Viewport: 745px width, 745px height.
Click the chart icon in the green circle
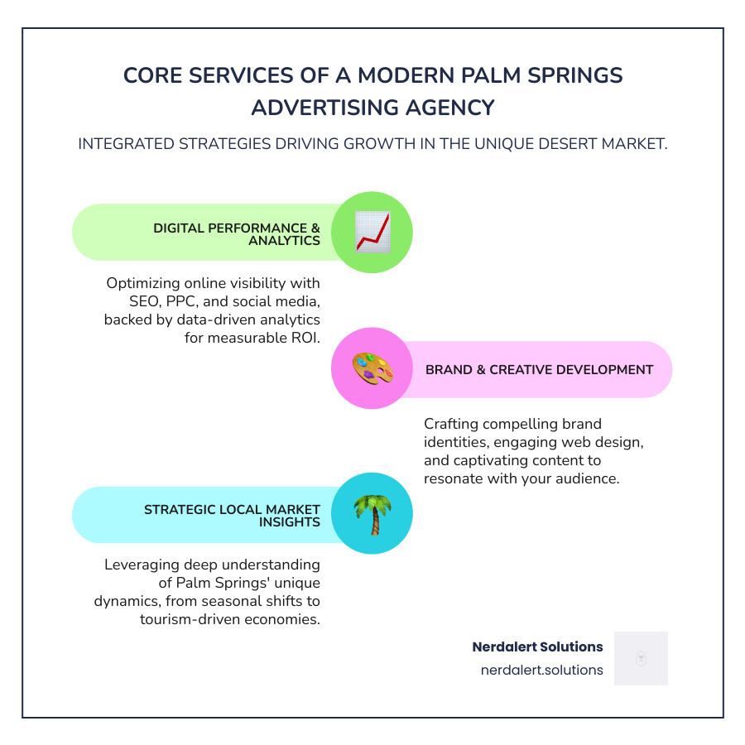pyautogui.click(x=372, y=232)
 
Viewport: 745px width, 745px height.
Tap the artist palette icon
pyautogui.click(x=372, y=369)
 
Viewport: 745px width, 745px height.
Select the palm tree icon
pyautogui.click(x=372, y=513)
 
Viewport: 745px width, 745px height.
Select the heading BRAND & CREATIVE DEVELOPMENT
pyautogui.click(x=539, y=370)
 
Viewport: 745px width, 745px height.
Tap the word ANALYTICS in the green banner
pyautogui.click(x=284, y=241)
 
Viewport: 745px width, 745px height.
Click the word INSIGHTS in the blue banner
pyautogui.click(x=289, y=522)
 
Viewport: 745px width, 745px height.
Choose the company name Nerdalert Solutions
pyautogui.click(x=537, y=646)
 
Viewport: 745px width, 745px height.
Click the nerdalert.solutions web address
pyautogui.click(x=541, y=670)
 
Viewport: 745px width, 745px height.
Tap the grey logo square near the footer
pyautogui.click(x=641, y=658)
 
